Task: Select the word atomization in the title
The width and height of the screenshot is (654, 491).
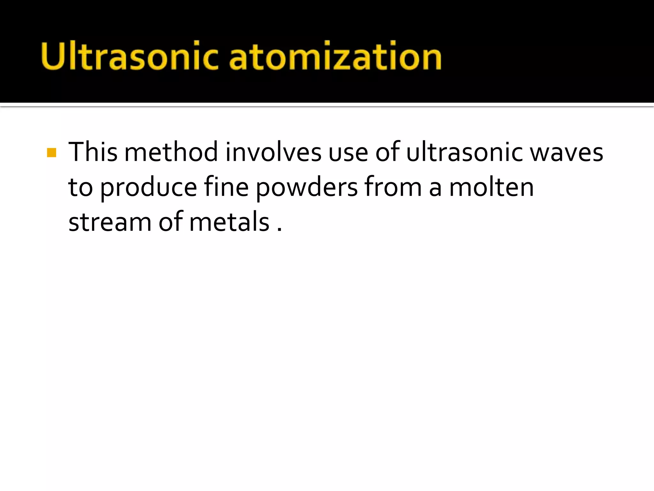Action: pos(335,56)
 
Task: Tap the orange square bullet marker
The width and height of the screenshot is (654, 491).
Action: pos(51,152)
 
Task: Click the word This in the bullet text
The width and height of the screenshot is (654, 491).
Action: pos(93,152)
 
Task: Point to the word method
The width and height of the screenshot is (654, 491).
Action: pos(171,152)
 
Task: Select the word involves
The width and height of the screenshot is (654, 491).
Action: pos(273,152)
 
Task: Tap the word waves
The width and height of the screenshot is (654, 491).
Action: pos(567,152)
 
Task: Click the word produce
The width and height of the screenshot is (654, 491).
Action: pos(148,188)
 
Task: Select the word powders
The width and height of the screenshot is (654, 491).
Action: pos(307,188)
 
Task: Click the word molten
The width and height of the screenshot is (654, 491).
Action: pos(491,187)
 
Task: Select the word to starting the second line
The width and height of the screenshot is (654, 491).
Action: pos(80,188)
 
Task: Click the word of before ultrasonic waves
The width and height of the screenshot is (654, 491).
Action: pos(387,152)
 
